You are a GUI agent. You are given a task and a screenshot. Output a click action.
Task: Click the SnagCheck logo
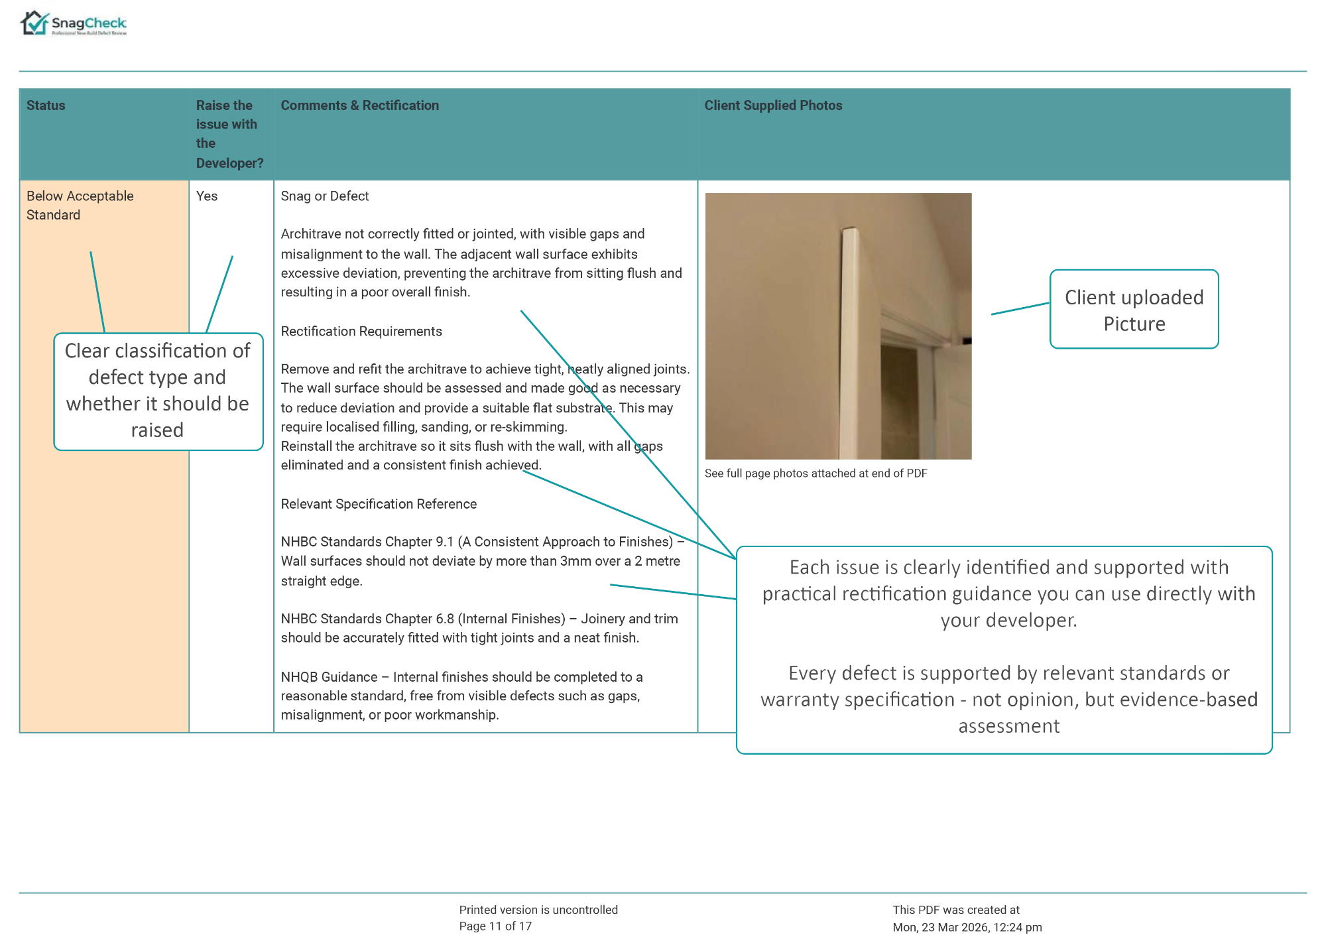point(73,24)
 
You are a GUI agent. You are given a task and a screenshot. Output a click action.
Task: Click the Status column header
point(46,105)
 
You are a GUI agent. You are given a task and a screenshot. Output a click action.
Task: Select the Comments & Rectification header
point(359,105)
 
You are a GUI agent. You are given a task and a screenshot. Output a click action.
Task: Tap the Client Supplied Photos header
point(773,105)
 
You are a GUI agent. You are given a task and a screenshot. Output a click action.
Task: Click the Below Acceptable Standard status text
point(80,205)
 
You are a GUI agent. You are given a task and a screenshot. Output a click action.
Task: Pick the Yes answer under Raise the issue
point(207,196)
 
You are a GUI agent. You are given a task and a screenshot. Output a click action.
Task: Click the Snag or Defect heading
point(324,196)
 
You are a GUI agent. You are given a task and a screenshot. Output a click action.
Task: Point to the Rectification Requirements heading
point(361,332)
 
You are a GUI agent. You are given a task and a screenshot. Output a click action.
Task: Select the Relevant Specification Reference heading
point(378,504)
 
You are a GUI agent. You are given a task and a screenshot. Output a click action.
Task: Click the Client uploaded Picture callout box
point(1134,310)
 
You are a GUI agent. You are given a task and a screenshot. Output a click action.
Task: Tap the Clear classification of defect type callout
point(158,391)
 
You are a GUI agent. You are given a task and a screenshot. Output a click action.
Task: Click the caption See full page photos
point(815,473)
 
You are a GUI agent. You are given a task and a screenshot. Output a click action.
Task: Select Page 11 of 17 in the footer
point(495,926)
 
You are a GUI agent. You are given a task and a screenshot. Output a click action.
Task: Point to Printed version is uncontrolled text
point(538,910)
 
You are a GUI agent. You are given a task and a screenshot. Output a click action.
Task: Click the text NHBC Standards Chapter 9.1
point(367,542)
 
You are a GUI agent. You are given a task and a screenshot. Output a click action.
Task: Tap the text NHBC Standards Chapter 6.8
point(367,619)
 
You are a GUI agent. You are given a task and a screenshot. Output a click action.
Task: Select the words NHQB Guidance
point(329,677)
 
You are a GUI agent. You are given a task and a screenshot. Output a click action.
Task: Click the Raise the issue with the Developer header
point(229,134)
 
